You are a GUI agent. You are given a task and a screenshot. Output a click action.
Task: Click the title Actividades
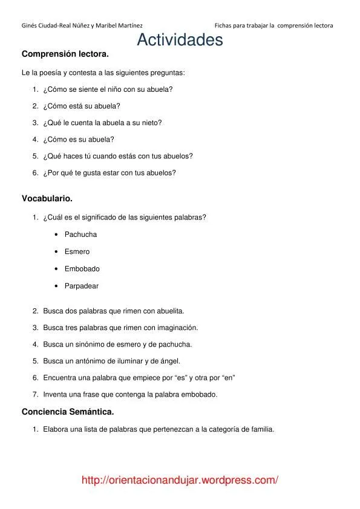[x=180, y=40]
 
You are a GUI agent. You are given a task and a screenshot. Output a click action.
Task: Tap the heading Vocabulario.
[x=47, y=198]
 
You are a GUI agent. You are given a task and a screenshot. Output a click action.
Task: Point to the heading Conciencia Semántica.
[x=68, y=412]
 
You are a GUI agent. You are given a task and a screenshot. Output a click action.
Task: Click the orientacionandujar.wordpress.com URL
[x=180, y=481]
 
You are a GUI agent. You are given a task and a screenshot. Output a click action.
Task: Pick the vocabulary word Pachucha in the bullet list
[x=80, y=235]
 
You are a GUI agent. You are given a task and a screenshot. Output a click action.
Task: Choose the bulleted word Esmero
[x=77, y=251]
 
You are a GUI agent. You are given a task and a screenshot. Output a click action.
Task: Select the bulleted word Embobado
[x=82, y=269]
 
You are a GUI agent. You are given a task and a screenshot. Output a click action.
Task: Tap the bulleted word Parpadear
[x=82, y=286]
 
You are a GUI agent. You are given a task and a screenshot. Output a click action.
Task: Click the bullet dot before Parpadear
[x=56, y=286]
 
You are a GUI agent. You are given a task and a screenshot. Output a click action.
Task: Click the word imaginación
[x=177, y=328]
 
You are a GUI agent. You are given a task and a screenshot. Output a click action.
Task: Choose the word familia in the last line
[x=262, y=430]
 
